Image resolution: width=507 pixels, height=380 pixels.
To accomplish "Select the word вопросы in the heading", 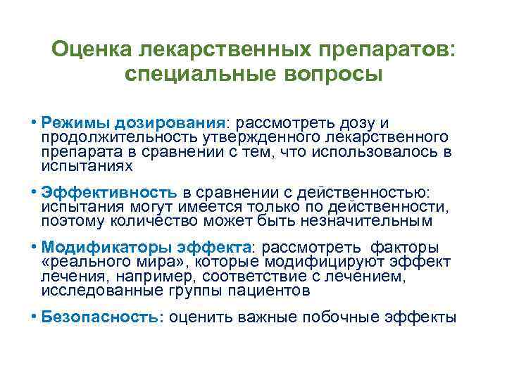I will tap(334, 74).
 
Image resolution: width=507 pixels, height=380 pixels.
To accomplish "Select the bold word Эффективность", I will tap(108, 191).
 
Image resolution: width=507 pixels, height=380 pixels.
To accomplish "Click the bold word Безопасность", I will tap(102, 317).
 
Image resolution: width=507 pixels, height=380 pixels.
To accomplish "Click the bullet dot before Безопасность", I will tap(35, 316).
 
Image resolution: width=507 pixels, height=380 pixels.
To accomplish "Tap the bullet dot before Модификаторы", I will tap(35, 246).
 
